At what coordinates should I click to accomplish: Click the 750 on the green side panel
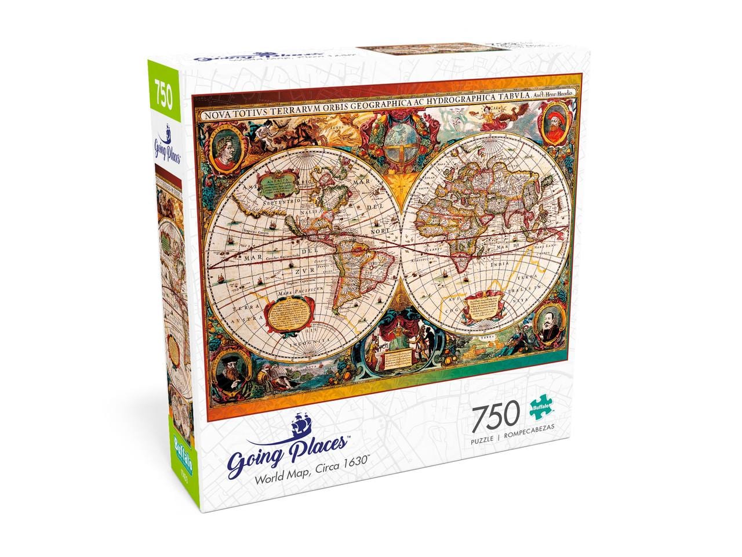163,96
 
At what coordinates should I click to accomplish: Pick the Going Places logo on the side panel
166,145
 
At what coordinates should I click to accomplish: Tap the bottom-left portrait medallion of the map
234,371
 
